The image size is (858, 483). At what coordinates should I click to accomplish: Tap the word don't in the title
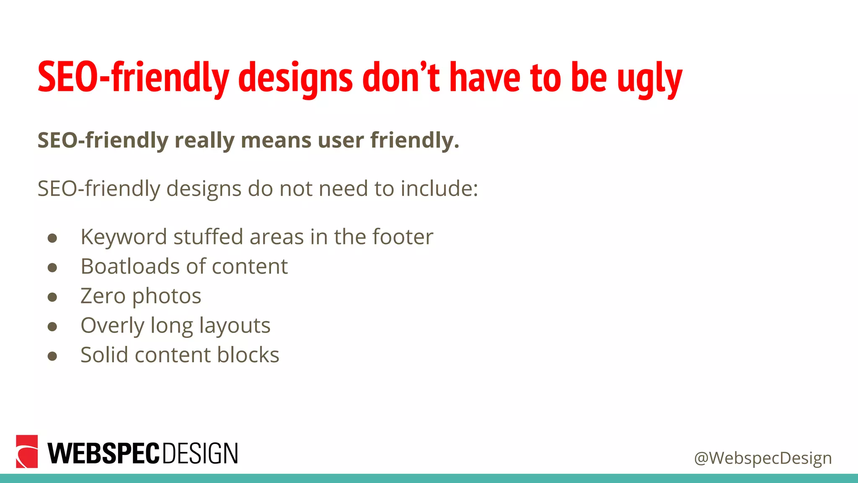(x=401, y=77)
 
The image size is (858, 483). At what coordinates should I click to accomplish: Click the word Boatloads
(x=129, y=266)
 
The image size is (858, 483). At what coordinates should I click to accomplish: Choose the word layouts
(x=235, y=326)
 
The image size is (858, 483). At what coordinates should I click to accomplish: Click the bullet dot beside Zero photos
(x=52, y=297)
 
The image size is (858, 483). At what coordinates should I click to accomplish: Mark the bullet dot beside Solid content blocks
(x=52, y=356)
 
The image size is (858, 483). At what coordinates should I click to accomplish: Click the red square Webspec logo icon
(x=27, y=451)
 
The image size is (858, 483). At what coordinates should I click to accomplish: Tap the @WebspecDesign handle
(x=762, y=458)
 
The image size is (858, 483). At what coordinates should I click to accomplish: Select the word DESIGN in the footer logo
(x=200, y=453)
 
